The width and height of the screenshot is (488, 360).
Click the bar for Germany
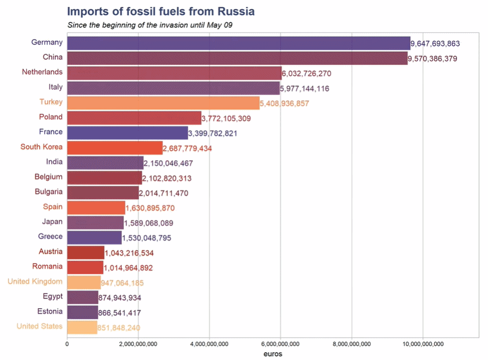(x=239, y=43)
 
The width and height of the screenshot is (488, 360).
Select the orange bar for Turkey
(x=163, y=103)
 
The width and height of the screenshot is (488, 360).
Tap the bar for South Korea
(x=115, y=148)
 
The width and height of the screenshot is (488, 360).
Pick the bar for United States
(x=82, y=327)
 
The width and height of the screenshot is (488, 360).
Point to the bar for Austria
(x=86, y=253)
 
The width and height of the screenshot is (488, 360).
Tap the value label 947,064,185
(x=122, y=283)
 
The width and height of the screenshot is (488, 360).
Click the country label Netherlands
(x=42, y=72)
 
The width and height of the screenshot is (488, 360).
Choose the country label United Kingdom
(x=35, y=282)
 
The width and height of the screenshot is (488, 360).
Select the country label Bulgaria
(x=49, y=192)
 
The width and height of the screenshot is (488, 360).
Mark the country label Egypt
(x=53, y=297)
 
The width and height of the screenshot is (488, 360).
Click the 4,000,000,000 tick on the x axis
(x=209, y=344)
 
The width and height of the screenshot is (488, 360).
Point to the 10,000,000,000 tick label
(x=423, y=344)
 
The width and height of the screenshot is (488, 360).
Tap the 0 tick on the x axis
(x=67, y=344)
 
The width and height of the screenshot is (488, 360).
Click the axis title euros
(x=273, y=354)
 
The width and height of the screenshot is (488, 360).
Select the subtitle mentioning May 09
(x=150, y=25)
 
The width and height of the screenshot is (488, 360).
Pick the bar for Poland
(x=134, y=118)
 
